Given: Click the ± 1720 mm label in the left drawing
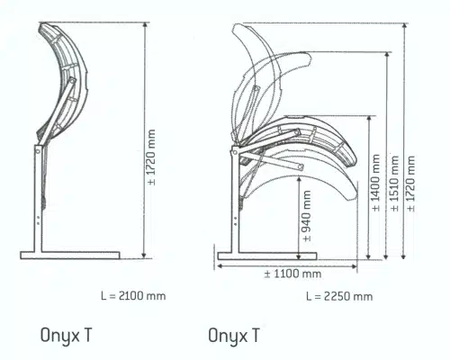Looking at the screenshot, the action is coord(152,157).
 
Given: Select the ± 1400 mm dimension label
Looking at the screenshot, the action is coord(375,183).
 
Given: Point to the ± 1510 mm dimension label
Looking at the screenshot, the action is coord(395,184).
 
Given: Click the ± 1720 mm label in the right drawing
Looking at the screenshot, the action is coord(411,184).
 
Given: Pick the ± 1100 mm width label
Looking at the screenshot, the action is coord(292,274).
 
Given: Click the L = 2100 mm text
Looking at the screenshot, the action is coord(133,296).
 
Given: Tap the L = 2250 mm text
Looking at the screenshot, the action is coord(339,296).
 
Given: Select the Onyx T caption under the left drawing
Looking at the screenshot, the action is coord(66,335).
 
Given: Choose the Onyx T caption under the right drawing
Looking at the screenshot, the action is coord(234,336).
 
